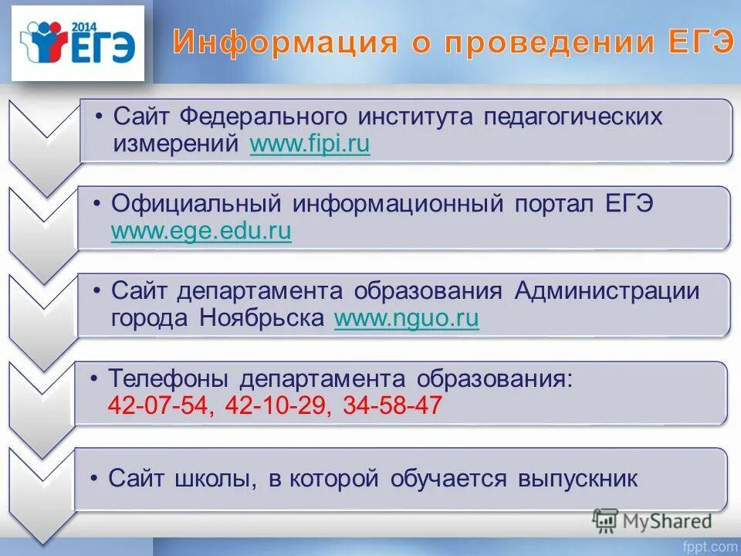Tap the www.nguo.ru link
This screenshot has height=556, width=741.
pyautogui.click(x=406, y=319)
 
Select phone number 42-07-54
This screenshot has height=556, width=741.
pyautogui.click(x=162, y=406)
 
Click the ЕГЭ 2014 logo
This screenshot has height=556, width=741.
pyautogui.click(x=77, y=44)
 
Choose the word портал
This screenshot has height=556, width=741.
pyautogui.click(x=551, y=205)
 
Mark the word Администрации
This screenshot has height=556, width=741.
pyautogui.click(x=607, y=291)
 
